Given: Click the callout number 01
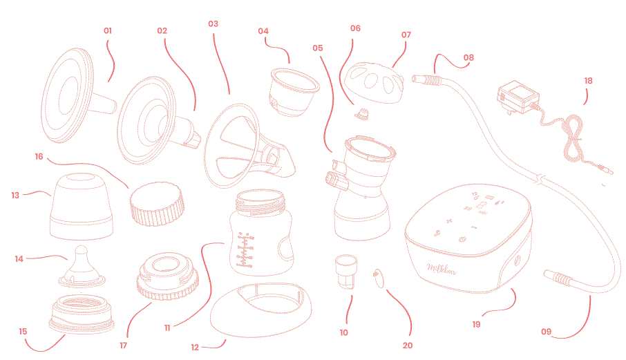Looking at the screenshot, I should pyautogui.click(x=108, y=30).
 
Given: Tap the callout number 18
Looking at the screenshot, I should pyautogui.click(x=588, y=80).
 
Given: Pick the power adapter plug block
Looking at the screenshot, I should pyautogui.click(x=516, y=97).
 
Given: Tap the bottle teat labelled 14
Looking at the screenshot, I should pyautogui.click(x=82, y=267).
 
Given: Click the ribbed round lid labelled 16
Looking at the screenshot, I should pyautogui.click(x=158, y=203).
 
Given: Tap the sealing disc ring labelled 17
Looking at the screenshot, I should pyautogui.click(x=169, y=276).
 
